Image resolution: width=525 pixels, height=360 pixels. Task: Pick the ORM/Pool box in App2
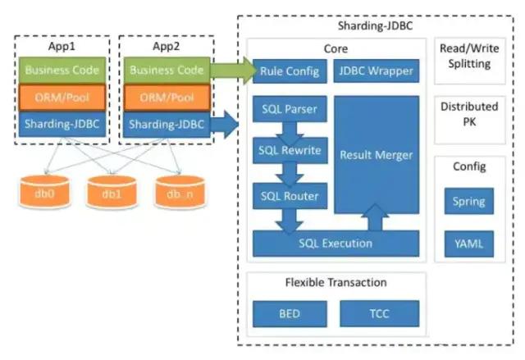(167, 98)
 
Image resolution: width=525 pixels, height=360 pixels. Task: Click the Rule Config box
(289, 71)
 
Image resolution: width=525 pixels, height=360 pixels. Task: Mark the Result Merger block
(376, 154)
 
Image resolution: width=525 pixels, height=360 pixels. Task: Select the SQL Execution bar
(336, 243)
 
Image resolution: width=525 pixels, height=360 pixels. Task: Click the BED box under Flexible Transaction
(288, 313)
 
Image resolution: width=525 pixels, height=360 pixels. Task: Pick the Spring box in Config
(469, 201)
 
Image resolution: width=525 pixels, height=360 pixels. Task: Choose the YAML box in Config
(469, 244)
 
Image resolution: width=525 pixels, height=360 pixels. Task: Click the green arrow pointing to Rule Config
(232, 71)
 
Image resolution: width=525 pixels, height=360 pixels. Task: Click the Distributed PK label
(469, 113)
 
